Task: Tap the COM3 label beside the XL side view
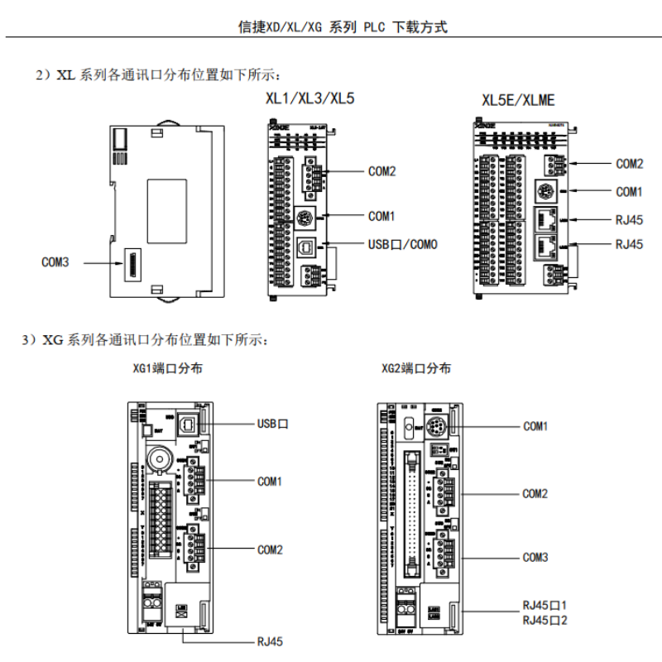55,262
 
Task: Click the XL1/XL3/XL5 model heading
309,98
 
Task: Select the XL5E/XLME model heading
518,100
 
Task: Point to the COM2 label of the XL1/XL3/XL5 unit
381,172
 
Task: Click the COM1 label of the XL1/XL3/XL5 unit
381,216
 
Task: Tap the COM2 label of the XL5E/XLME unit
629,164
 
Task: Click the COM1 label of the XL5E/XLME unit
629,192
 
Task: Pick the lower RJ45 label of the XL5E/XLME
629,244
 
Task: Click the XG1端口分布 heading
168,369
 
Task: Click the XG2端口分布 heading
416,369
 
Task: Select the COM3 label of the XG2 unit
535,557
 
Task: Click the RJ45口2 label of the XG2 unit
544,620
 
